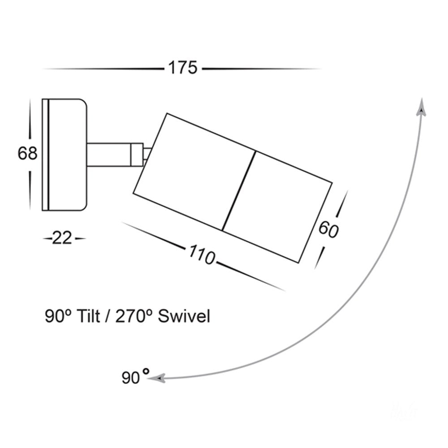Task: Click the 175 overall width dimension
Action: pos(183,68)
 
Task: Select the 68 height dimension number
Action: pos(27,153)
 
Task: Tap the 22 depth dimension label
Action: pos(62,238)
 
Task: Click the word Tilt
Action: pos(89,316)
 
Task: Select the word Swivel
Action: pos(184,316)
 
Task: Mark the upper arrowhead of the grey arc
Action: pos(422,107)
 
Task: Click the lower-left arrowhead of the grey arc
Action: pos(156,379)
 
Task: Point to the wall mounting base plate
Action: pos(64,155)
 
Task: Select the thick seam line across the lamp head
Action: pos(239,191)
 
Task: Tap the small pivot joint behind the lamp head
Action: pos(147,155)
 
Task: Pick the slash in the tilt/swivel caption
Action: pos(108,316)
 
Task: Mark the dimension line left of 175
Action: pos(103,69)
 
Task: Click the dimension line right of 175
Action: pos(262,69)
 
